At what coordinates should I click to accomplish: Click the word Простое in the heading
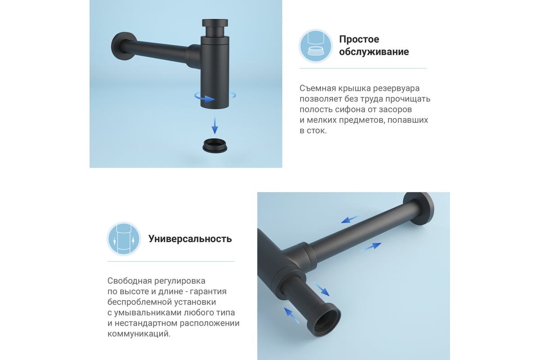(359, 39)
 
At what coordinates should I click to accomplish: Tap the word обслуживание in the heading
(374, 52)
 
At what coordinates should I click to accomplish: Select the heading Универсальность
(190, 238)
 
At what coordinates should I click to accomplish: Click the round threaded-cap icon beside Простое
(316, 46)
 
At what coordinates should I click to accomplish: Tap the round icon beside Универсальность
(124, 238)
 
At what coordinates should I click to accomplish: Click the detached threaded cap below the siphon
(215, 145)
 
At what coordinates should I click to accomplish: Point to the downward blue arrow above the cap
(215, 126)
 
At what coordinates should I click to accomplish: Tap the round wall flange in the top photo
(123, 46)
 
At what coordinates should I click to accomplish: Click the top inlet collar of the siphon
(215, 27)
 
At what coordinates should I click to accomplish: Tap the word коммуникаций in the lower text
(139, 334)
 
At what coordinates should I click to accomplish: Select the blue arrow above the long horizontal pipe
(350, 219)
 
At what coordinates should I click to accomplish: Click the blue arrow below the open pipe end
(292, 315)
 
